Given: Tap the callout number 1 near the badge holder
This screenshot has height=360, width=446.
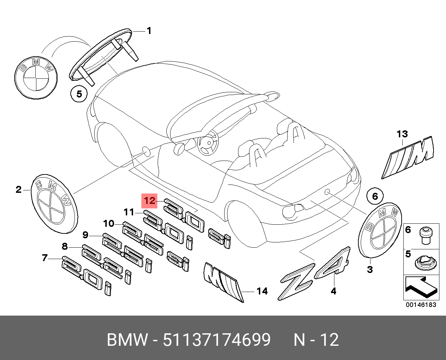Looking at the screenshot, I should [x=149, y=31].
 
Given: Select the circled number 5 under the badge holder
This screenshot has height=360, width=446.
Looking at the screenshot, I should [x=79, y=94].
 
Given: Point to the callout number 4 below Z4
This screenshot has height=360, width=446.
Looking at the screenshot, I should [x=333, y=291].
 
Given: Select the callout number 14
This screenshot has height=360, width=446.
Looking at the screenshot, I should [x=262, y=291].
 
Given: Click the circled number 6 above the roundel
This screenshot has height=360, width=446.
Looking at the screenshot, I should [x=375, y=197].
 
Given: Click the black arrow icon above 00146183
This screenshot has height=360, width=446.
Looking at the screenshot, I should [x=421, y=287].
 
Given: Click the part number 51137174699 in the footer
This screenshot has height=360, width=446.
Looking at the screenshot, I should [x=217, y=340].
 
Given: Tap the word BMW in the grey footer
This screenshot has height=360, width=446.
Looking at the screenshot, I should [x=127, y=340].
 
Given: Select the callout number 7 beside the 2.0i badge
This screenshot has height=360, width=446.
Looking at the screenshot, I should [x=44, y=258].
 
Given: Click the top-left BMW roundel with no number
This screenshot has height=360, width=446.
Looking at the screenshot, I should [x=36, y=76].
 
